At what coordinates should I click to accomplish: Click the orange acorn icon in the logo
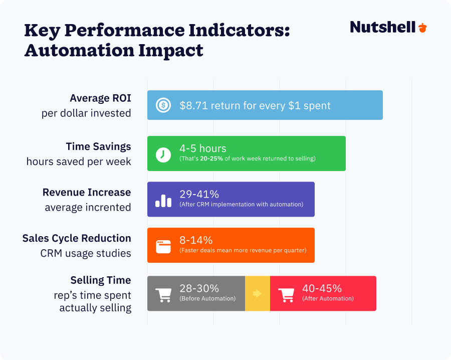point(422,28)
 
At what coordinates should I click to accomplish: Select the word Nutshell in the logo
point(383,27)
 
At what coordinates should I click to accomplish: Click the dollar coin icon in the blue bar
point(163,105)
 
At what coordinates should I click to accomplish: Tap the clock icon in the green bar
point(163,154)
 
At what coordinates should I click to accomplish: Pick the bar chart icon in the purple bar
point(163,200)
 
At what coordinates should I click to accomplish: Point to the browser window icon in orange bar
point(163,246)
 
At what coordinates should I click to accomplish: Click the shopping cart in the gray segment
point(163,294)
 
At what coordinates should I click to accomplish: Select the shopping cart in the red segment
point(286,294)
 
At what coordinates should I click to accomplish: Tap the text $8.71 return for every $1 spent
point(255,106)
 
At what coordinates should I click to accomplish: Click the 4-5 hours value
point(203,149)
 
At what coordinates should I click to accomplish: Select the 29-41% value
point(199,195)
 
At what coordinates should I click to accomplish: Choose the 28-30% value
point(199,288)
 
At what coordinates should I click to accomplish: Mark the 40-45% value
point(322,288)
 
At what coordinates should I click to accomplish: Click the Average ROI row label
point(100,98)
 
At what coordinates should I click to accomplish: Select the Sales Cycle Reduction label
point(77,238)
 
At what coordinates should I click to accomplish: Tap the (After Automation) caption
point(328,299)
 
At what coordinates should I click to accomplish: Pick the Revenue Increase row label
point(87,193)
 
